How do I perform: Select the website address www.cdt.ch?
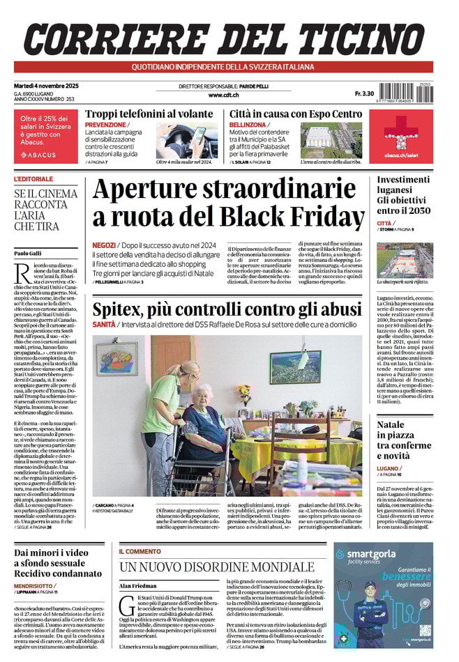point(225,95)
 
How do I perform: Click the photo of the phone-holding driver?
point(186,141)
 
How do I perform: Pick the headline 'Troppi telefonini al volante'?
point(149,114)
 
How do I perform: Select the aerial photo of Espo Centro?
point(331,141)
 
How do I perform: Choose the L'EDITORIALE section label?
point(33,179)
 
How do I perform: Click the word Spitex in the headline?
point(120,309)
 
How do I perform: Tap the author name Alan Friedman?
point(138,586)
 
